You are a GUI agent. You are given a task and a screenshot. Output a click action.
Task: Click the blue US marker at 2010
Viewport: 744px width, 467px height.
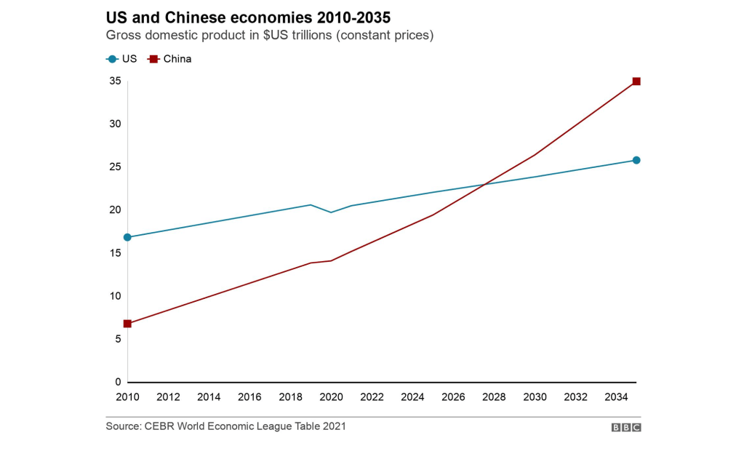pos(127,237)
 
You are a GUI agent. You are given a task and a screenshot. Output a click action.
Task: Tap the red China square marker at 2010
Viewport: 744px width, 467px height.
pos(127,324)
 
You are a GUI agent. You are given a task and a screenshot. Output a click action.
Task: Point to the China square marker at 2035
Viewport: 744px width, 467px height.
pos(636,81)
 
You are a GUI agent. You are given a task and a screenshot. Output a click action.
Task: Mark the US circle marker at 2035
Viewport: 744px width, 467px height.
pos(636,160)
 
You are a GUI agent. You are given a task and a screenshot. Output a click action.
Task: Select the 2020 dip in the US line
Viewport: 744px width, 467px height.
pos(332,212)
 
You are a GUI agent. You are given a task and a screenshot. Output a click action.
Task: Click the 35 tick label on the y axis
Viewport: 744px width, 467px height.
pos(115,81)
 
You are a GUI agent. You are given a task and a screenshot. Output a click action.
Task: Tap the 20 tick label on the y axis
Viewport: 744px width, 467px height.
pos(115,209)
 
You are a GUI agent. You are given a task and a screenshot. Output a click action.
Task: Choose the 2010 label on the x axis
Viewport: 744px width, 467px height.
pos(127,397)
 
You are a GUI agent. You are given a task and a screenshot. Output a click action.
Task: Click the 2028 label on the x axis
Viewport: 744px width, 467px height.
pos(495,397)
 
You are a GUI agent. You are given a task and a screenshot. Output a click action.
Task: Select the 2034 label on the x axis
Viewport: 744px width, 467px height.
pos(617,397)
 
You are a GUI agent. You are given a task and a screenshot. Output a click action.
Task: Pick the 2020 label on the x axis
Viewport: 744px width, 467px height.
pos(332,397)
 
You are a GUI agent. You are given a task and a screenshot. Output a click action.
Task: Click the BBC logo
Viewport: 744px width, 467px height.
pos(625,428)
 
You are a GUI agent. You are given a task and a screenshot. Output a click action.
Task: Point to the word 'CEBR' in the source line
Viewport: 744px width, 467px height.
pos(162,426)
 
